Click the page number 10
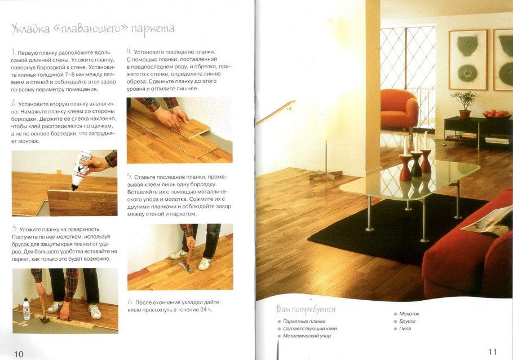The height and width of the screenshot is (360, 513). tap(19, 354)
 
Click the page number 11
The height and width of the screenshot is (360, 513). tap(492, 352)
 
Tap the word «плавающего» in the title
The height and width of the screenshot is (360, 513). tap(89, 29)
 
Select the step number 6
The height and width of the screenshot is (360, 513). tap(131, 302)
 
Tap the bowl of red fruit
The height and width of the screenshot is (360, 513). tap(497, 115)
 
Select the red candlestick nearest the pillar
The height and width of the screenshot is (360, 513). tap(406, 167)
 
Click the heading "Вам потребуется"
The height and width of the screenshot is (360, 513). tap(306, 309)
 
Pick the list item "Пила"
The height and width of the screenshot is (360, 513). tap(405, 328)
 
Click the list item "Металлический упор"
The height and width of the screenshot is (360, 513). tap(307, 336)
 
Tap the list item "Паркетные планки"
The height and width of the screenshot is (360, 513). tap(304, 321)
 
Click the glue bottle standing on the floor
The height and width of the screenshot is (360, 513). tap(26, 309)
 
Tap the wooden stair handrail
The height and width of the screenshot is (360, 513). tap(276, 112)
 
